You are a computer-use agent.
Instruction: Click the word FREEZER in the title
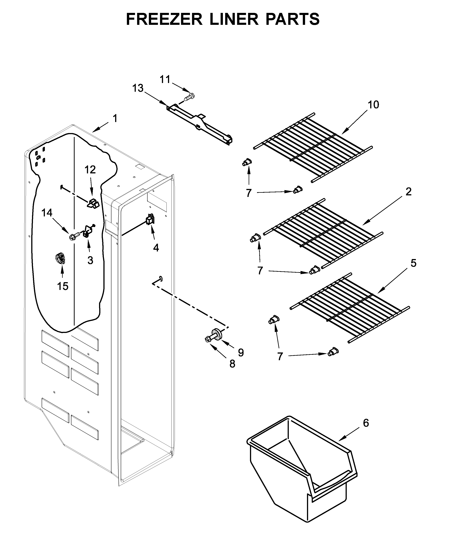point(164,19)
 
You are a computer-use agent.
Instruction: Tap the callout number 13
point(138,88)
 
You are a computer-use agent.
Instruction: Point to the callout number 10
point(373,105)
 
